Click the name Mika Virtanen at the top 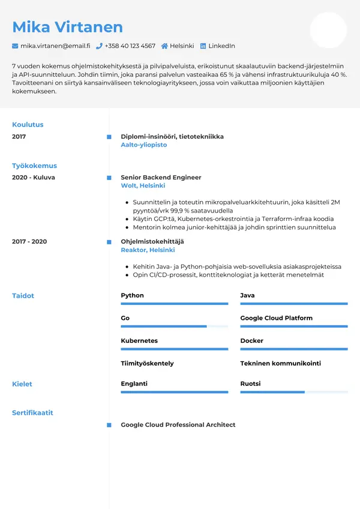(x=67, y=27)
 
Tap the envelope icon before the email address (x=15, y=46)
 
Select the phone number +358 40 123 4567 (x=130, y=46)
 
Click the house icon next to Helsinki (x=164, y=46)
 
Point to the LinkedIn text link (x=221, y=46)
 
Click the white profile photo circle (x=328, y=30)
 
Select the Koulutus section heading (x=28, y=125)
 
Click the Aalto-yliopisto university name (x=144, y=145)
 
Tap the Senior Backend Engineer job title (x=161, y=178)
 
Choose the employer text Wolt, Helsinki (x=143, y=186)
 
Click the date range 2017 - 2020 (x=29, y=241)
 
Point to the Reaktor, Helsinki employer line (x=148, y=250)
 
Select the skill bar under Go (x=174, y=327)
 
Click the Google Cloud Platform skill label (x=276, y=318)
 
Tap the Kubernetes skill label (x=139, y=341)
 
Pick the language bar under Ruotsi (x=293, y=392)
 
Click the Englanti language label (x=134, y=384)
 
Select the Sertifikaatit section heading (x=32, y=413)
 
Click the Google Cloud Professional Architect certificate (x=178, y=425)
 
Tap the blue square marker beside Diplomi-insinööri (x=109, y=137)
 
